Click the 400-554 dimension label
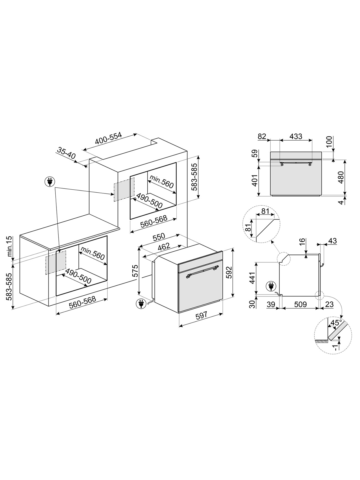(x=108, y=139)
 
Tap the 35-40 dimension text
(x=66, y=153)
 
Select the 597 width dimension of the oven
(x=202, y=316)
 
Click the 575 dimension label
(x=135, y=271)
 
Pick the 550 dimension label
(x=159, y=237)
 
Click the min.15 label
(x=10, y=246)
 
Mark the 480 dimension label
(x=341, y=177)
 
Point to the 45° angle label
(x=336, y=323)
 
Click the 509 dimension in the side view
(x=300, y=304)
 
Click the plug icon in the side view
(x=270, y=286)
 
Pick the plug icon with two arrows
(x=50, y=182)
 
